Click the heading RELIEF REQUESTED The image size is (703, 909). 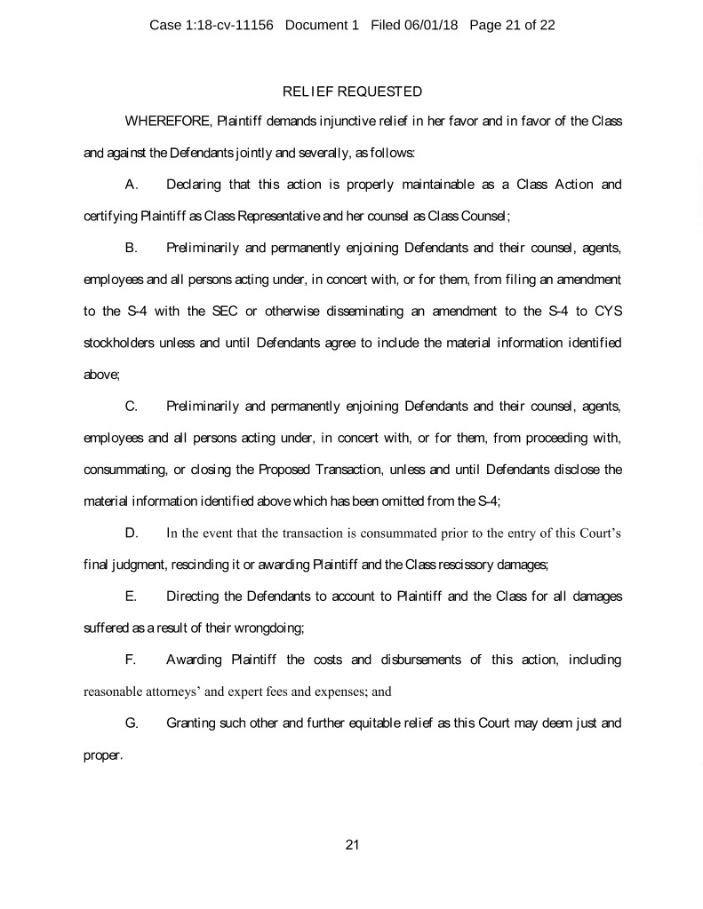[351, 91]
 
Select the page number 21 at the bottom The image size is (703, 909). [351, 844]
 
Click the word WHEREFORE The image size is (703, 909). [163, 120]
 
